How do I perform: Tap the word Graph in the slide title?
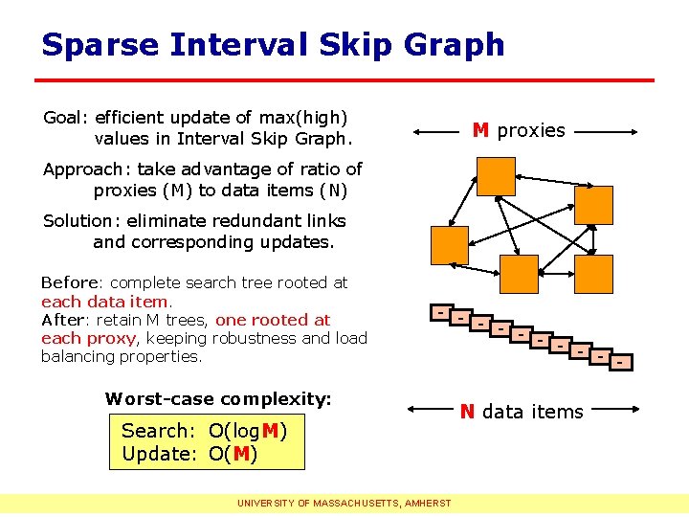coord(455,45)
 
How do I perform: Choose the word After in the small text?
coord(62,320)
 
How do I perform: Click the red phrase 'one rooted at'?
coord(273,320)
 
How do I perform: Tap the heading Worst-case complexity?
coord(218,398)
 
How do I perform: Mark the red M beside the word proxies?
coord(481,130)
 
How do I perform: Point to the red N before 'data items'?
coord(467,412)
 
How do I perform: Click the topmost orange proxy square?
coord(496,175)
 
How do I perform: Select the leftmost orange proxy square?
coord(450,245)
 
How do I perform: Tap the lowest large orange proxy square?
coord(520,274)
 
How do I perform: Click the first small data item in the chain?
coord(439,311)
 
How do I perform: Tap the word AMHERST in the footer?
coord(430,503)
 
